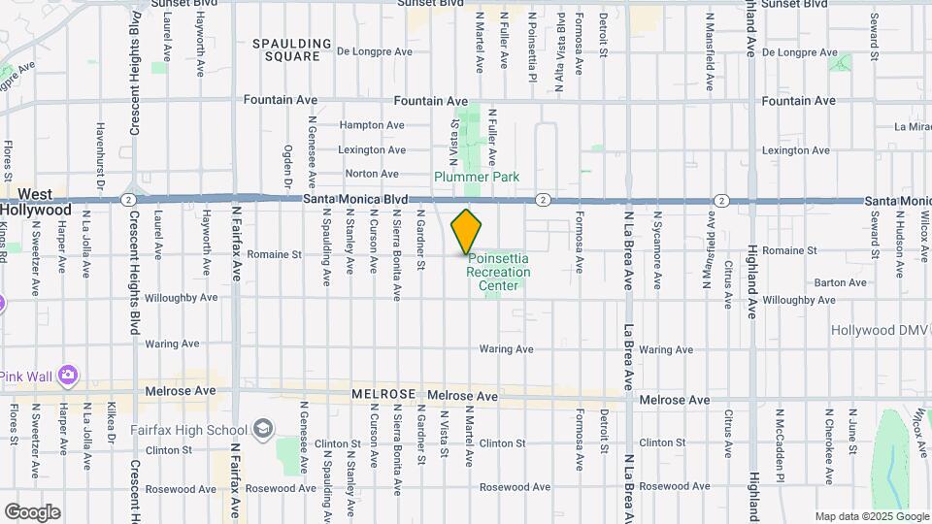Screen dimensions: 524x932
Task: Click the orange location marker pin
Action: click(467, 231)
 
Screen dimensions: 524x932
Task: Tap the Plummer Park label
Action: click(477, 177)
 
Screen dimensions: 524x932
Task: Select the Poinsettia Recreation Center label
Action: click(499, 273)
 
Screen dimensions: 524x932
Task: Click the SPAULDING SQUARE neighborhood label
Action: click(286, 50)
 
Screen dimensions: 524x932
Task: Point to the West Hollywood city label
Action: click(36, 202)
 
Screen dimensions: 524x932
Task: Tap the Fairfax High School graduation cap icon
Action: click(262, 429)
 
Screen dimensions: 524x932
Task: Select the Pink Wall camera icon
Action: click(67, 375)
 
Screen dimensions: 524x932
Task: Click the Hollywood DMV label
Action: click(880, 331)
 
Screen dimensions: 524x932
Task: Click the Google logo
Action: click(32, 511)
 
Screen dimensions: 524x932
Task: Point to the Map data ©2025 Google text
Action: click(871, 516)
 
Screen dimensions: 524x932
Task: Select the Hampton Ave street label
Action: click(372, 125)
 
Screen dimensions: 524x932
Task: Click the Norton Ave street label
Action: click(372, 174)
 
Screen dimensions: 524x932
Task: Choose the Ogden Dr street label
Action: click(288, 166)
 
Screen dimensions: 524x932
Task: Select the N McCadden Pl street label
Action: click(779, 444)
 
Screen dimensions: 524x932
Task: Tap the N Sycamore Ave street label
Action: click(657, 250)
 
